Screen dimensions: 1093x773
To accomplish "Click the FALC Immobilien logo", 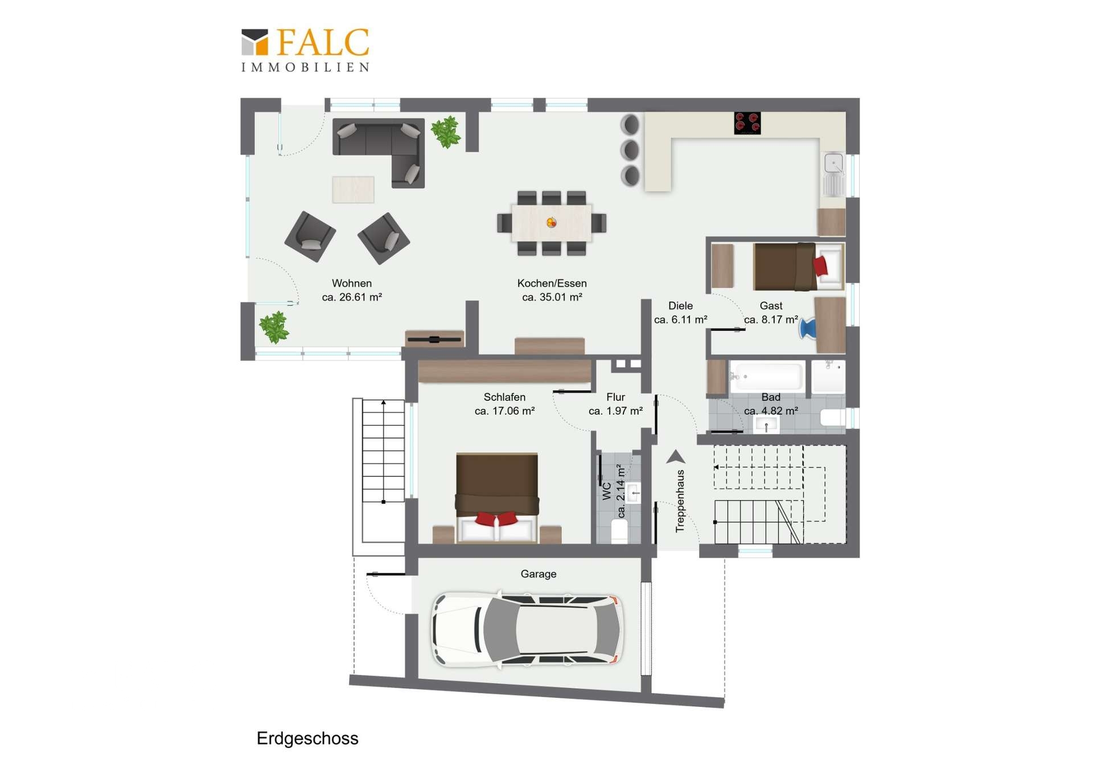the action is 305,50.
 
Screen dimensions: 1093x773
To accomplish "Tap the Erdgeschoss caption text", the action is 307,738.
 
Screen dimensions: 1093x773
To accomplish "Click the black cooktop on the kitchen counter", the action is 747,123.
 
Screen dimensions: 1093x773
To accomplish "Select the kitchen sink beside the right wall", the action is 834,174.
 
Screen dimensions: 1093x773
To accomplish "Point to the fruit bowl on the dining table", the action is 551,222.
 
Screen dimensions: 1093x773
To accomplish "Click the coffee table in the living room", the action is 353,189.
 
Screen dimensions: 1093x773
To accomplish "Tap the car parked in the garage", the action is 527,629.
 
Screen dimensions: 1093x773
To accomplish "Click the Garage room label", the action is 539,574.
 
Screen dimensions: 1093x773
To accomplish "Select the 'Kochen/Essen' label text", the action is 552,283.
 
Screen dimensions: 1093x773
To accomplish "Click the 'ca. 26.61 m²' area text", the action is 352,297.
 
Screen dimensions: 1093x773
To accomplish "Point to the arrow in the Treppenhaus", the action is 676,456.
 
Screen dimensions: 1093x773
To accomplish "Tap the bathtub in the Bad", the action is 767,376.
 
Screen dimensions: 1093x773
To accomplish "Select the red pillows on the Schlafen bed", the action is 496,518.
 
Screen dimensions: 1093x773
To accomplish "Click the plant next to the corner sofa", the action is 446,132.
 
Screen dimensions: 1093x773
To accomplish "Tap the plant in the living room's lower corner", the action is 274,327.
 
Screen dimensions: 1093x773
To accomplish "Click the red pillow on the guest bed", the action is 820,265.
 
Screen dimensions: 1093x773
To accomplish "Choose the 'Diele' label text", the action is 680,306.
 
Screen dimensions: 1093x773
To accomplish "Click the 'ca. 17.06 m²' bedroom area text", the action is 504,411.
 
